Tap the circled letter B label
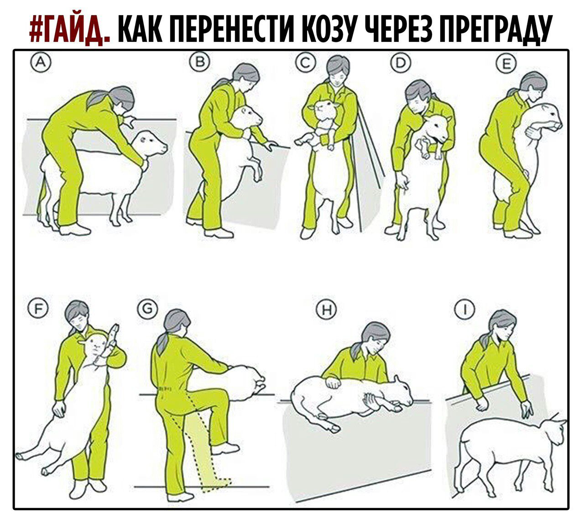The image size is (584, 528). [199, 62]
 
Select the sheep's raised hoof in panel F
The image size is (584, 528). [114, 332]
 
